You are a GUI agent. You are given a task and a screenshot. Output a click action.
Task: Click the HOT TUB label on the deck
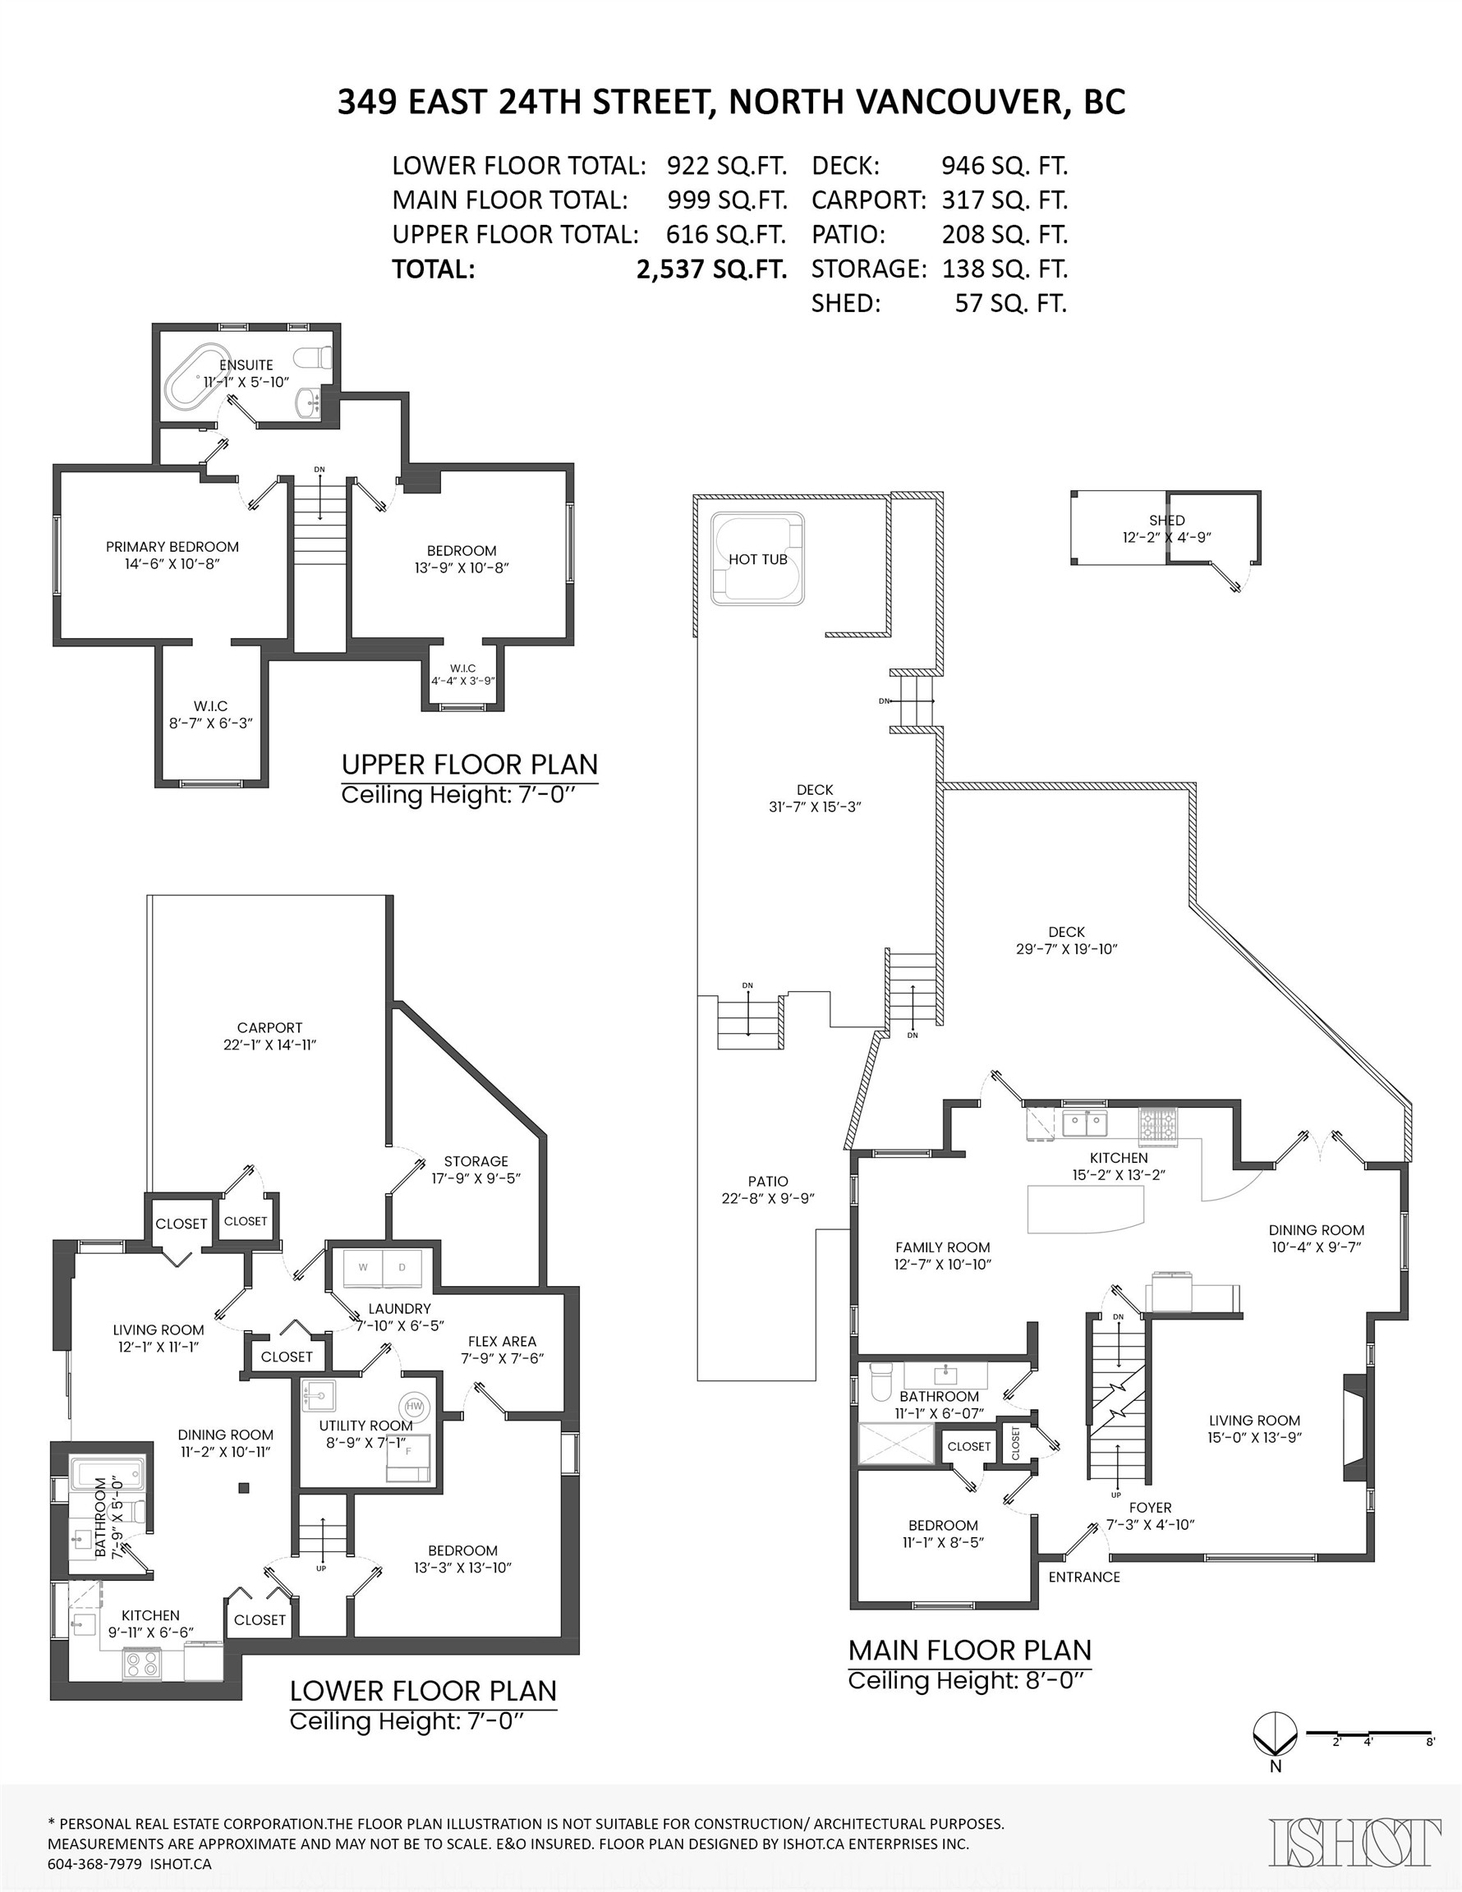coord(757,559)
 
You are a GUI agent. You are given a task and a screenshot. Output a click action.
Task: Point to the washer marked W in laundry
coord(362,1269)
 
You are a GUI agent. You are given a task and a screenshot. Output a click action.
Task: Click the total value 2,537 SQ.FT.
coord(711,269)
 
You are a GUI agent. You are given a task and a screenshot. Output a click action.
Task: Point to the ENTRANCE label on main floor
coord(1083,1577)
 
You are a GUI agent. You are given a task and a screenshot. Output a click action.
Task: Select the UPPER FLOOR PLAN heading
coord(469,765)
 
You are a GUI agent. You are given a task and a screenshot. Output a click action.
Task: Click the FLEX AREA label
coord(502,1341)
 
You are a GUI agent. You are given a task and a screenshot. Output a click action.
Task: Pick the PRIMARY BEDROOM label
coord(172,547)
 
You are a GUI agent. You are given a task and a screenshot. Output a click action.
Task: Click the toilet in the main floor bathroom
coord(880,1381)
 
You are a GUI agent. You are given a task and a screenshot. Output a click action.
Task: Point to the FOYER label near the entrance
coord(1150,1508)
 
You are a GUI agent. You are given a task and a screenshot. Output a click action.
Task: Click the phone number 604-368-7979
coord(95,1863)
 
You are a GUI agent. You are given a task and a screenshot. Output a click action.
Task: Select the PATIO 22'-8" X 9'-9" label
coord(768,1190)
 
